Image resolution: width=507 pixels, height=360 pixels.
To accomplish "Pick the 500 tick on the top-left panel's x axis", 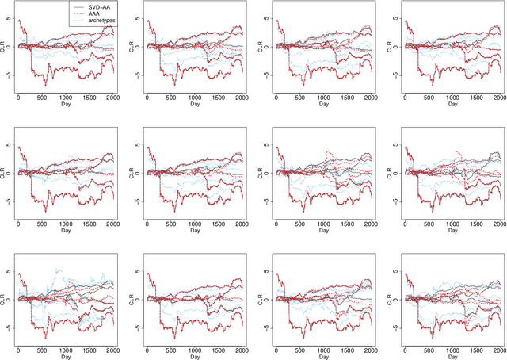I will pyautogui.click(x=43, y=98).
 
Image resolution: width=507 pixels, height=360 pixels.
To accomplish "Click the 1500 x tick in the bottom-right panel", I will pyautogui.click(x=473, y=350).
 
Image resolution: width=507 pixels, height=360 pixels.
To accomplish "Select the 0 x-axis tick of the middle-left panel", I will pyautogui.click(x=19, y=224).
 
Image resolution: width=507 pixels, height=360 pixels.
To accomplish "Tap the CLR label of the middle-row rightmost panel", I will pyautogui.click(x=384, y=173).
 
